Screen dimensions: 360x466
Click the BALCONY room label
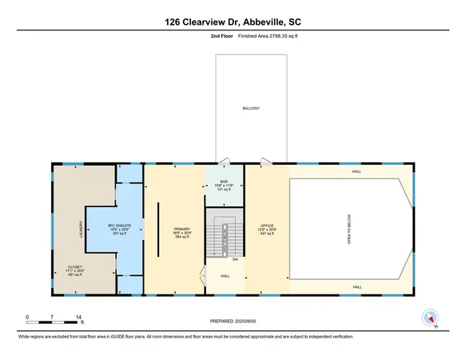click(x=253, y=109)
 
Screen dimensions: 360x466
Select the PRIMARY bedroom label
click(x=181, y=229)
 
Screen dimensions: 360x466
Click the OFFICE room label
click(x=267, y=226)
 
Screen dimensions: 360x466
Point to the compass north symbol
click(x=432, y=318)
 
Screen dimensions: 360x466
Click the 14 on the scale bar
click(x=79, y=318)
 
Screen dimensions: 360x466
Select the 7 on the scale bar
click(x=53, y=318)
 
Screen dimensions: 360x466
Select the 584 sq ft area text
click(x=181, y=237)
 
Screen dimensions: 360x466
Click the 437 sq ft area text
click(x=267, y=234)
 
